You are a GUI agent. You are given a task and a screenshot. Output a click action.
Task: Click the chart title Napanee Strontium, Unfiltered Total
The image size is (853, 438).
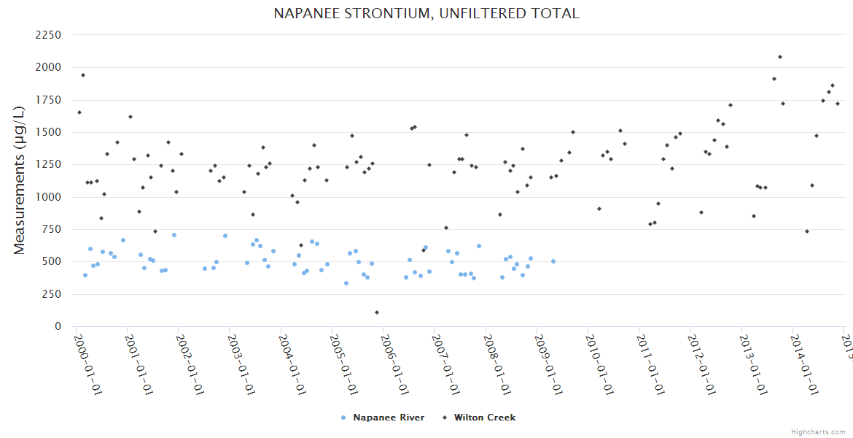coord(426,13)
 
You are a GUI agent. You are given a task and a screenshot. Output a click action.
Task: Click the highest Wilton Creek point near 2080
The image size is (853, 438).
coord(780,57)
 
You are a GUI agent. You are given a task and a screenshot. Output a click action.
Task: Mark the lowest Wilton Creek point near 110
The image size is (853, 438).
coord(377,312)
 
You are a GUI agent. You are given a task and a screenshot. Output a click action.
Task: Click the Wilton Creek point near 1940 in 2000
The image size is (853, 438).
coord(83,75)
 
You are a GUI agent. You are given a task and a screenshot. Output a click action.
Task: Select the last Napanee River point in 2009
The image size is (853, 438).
coord(553,261)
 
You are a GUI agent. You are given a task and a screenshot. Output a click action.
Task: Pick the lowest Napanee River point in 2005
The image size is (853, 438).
coord(346,283)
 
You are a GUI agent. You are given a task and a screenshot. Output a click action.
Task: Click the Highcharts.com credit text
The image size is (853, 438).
coord(817,431)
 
